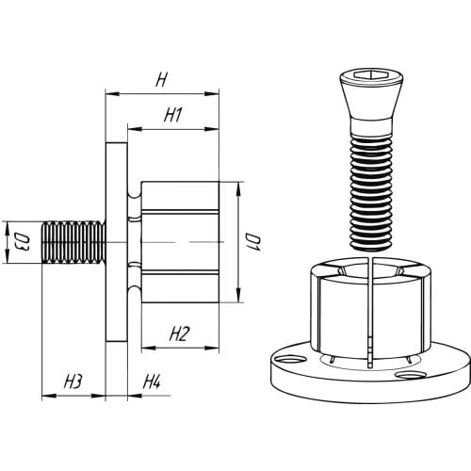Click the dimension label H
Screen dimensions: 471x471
(x=161, y=80)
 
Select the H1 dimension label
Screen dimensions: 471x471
(x=173, y=115)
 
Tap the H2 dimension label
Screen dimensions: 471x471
(x=180, y=333)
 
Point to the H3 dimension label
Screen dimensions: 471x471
(x=73, y=382)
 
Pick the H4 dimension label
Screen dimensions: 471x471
(x=152, y=382)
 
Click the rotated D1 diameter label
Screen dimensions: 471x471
(x=253, y=242)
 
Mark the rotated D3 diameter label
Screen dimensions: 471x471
(x=22, y=242)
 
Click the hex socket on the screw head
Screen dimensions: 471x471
(x=371, y=74)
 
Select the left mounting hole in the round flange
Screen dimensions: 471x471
(x=289, y=359)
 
